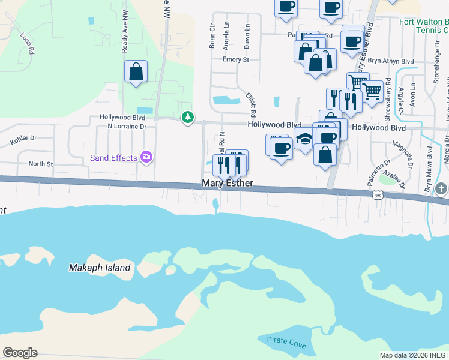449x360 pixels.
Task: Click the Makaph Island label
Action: coord(100,268)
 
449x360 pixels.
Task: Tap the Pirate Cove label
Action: coord(286,346)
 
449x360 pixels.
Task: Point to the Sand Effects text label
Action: coord(113,158)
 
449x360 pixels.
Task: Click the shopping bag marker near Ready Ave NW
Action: coord(136,73)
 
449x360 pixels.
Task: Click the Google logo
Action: coord(20,353)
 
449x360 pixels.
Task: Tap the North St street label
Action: coord(41,163)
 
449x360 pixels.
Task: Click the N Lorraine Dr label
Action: coord(127,127)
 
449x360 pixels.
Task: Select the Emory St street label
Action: coord(235,59)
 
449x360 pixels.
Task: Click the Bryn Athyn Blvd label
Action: coord(391,61)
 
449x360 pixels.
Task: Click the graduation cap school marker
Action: coord(305,139)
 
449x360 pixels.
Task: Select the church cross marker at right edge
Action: coord(441,190)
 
